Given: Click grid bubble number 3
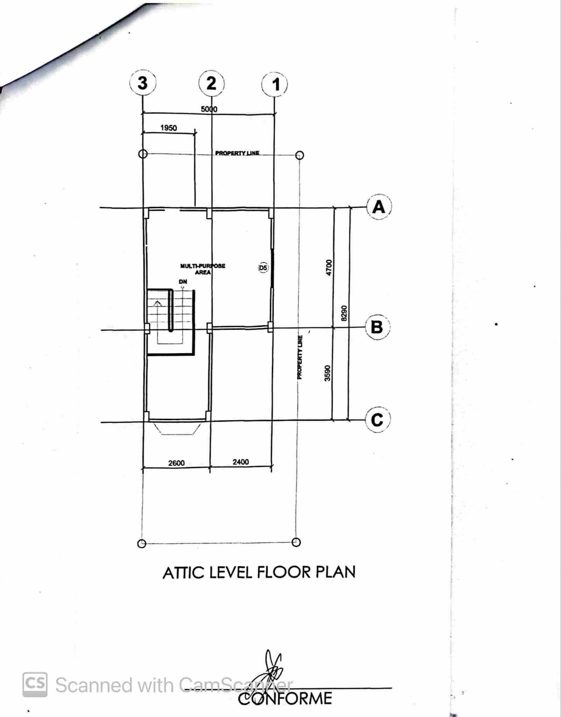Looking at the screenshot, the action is pos(142,83).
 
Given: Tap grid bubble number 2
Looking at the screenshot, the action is pos(211,84).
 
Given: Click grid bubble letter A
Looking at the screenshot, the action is pos(379,207).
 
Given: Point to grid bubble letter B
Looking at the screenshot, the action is pos(378,327).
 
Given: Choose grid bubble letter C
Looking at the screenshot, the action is pos(378,419).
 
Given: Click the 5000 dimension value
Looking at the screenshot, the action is pos(209,109).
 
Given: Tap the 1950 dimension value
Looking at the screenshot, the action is pos(169,128).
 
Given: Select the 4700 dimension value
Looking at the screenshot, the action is pos(329,267).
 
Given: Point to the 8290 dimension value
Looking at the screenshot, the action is pos(344,313).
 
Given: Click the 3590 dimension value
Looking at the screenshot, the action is pos(328,373).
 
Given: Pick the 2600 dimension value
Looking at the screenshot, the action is pos(176,463).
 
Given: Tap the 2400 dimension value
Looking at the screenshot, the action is pos(241,462).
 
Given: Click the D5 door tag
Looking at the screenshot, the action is pos(263,268).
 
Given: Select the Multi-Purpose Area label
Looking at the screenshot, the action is pos(203,269).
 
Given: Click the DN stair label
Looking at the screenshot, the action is pos(183,281).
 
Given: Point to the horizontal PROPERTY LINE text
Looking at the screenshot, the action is pos(237,153).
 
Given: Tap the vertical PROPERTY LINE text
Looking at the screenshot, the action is pos(300,357).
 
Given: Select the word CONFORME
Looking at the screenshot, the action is pos(285,698).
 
